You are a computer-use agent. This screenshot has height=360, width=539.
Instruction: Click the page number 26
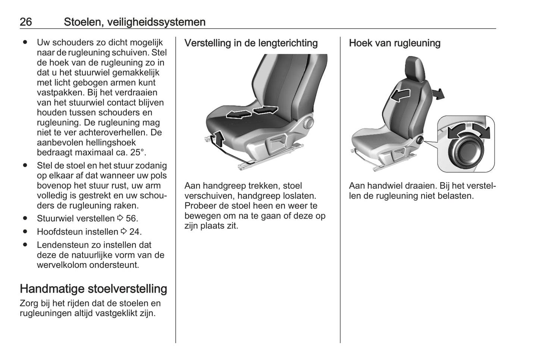pos(26,22)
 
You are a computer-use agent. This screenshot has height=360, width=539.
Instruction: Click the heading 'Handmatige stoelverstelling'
pos(93,289)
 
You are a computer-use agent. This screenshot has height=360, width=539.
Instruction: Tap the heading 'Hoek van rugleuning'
pos(395,43)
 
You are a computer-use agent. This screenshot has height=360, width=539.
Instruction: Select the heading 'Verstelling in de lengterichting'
pos(251,43)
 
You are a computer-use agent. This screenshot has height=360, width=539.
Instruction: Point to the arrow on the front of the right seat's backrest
pos(400,95)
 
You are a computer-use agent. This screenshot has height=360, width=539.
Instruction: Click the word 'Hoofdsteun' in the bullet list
pos(59,232)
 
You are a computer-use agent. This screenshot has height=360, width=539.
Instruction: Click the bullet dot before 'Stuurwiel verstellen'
pos(25,218)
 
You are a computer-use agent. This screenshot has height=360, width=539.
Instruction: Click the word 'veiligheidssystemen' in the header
pos(156,22)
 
